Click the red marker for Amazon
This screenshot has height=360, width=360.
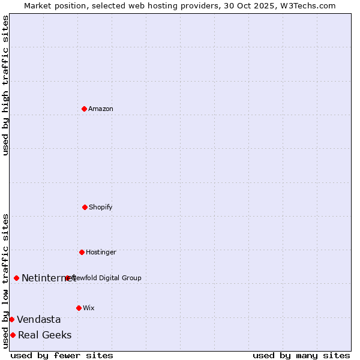click(84, 109)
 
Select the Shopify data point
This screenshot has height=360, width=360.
click(85, 207)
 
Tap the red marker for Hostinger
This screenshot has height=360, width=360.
click(82, 252)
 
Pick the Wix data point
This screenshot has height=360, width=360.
click(79, 308)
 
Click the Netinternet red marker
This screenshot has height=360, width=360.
click(16, 278)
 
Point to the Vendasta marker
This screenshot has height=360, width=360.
click(11, 319)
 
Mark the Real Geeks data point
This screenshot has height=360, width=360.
click(13, 335)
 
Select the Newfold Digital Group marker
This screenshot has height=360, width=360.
click(67, 278)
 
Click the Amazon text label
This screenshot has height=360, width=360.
click(101, 109)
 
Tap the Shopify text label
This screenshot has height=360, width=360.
click(101, 207)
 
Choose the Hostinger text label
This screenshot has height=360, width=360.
click(101, 252)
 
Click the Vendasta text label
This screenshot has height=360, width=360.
click(39, 319)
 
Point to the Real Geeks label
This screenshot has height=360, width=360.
click(45, 335)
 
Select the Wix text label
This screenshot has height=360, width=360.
click(89, 308)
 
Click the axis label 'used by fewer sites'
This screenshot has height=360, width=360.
click(62, 355)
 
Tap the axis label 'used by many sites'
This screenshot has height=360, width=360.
click(301, 355)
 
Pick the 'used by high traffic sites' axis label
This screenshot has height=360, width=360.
click(5, 85)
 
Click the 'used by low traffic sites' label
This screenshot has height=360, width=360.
click(5, 281)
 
